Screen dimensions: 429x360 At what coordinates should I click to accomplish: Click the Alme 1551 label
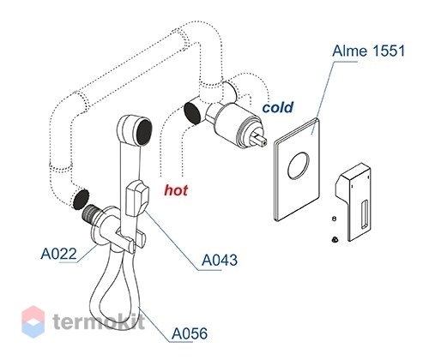(x=369, y=51)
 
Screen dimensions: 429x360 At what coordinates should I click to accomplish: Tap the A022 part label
(x=58, y=254)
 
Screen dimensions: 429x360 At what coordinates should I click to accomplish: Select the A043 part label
(x=220, y=260)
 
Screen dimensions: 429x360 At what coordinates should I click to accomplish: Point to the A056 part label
(x=190, y=333)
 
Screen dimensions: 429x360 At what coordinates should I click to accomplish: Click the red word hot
(x=176, y=190)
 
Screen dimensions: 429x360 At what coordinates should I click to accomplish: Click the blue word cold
(x=278, y=107)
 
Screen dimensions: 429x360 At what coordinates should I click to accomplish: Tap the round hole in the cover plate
(x=299, y=165)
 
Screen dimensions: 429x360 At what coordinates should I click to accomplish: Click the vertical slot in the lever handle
(x=365, y=214)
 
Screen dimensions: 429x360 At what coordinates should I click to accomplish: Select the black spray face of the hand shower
(x=144, y=133)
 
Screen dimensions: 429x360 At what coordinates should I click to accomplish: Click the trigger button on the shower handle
(x=137, y=199)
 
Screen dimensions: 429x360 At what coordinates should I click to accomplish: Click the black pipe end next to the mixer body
(x=192, y=113)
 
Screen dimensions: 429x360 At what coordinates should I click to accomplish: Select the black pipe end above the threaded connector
(x=81, y=199)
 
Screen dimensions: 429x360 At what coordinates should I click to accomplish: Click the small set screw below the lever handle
(x=334, y=239)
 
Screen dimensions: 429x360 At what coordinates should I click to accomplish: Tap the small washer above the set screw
(x=334, y=219)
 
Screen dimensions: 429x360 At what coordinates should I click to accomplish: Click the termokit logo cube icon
(x=33, y=321)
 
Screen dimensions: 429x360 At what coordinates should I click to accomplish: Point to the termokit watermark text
(x=99, y=321)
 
